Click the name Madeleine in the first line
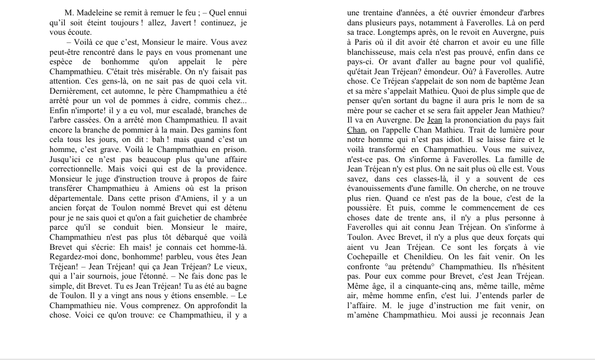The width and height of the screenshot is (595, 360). coord(101,13)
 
